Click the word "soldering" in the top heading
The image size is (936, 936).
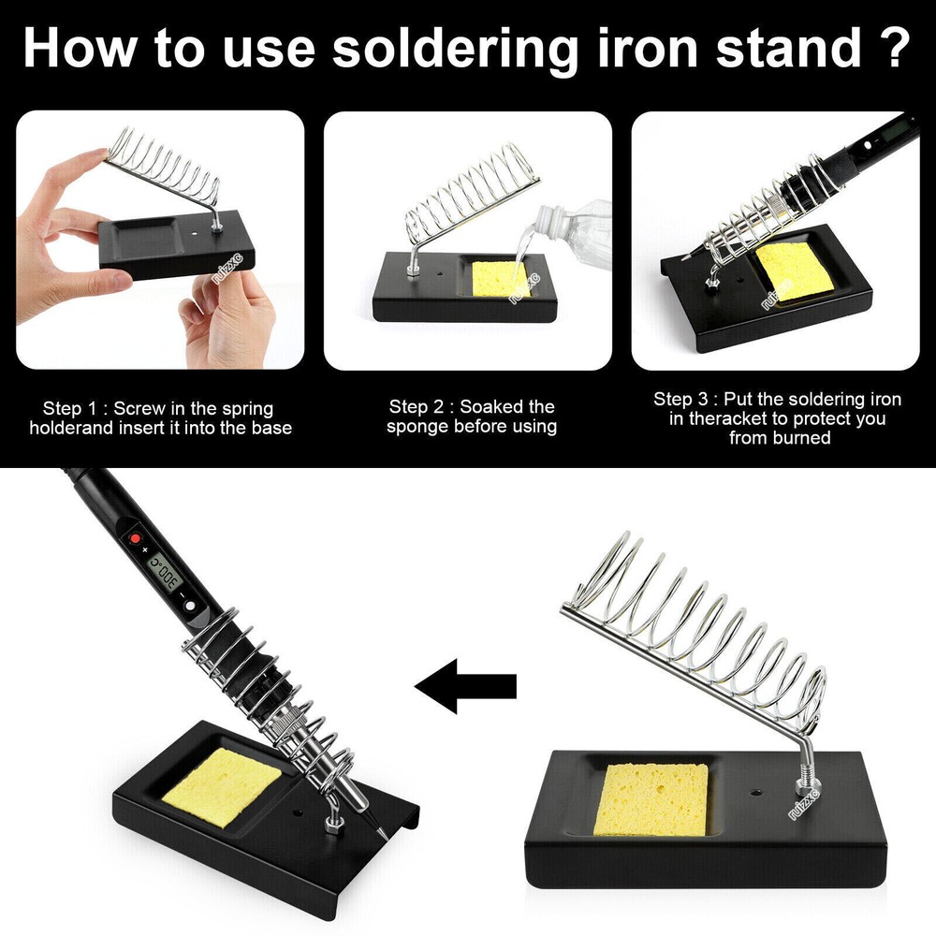(x=455, y=49)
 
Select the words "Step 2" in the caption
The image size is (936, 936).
(x=420, y=407)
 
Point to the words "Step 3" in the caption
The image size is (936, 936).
(x=684, y=400)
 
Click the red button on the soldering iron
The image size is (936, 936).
(x=134, y=540)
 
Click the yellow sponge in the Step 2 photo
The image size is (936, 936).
(x=501, y=280)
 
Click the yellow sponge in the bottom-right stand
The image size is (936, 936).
(x=652, y=798)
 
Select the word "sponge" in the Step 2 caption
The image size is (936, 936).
(x=418, y=427)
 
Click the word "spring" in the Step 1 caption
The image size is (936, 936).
(x=247, y=409)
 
